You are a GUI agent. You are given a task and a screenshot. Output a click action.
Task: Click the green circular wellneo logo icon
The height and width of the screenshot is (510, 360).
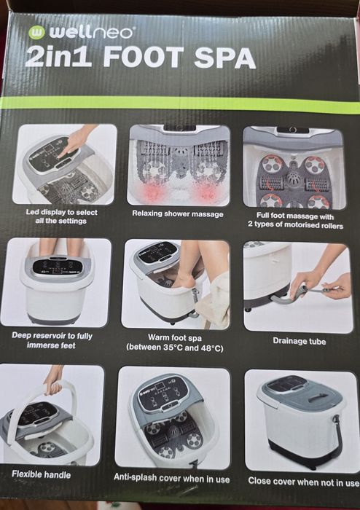coord(36,32)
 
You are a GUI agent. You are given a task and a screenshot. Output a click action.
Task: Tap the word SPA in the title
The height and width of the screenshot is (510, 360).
coord(225,58)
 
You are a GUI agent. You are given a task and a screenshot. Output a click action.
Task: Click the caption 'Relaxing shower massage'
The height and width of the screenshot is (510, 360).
coord(178,213)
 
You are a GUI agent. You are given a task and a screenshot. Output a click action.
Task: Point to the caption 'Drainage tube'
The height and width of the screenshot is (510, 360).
coord(300,341)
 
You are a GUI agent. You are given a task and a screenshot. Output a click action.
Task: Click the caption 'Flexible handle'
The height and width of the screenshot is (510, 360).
coord(41,474)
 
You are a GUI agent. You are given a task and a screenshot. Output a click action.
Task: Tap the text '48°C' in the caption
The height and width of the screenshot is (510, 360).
coord(212,348)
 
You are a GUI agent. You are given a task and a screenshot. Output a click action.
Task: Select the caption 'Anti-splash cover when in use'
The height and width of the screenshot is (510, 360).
coord(172,478)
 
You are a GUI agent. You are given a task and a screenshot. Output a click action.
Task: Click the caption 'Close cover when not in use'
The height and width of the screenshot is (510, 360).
coord(304,482)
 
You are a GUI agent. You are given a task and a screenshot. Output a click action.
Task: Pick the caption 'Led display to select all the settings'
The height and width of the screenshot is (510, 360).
coord(61,216)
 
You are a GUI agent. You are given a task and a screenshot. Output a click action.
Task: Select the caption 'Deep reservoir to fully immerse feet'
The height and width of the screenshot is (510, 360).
coord(52,340)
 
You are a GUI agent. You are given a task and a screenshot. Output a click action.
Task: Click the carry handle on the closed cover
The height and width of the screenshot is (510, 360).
coord(318,398)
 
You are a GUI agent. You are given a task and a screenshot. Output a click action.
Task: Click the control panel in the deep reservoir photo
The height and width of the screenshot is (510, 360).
coord(57,267)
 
